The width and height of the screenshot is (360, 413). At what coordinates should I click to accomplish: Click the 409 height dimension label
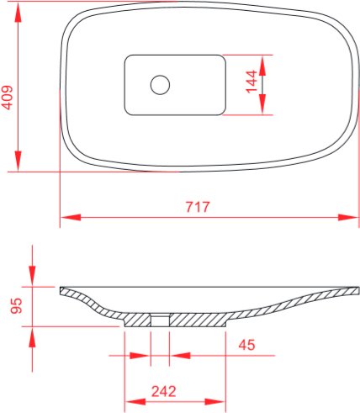point(8,98)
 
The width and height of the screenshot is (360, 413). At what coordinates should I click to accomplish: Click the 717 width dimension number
point(198,207)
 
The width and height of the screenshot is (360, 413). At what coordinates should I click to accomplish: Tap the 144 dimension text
point(251,82)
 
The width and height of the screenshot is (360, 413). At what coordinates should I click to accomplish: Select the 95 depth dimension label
point(16,305)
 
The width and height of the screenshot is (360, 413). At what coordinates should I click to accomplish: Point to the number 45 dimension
point(246,345)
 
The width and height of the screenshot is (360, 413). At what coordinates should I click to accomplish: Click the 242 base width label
point(164,391)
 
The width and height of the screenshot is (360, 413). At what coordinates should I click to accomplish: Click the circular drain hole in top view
point(160,85)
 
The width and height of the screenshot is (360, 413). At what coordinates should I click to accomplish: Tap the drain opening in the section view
point(160,320)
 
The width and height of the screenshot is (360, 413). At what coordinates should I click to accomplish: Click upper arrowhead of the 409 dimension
point(19,13)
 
